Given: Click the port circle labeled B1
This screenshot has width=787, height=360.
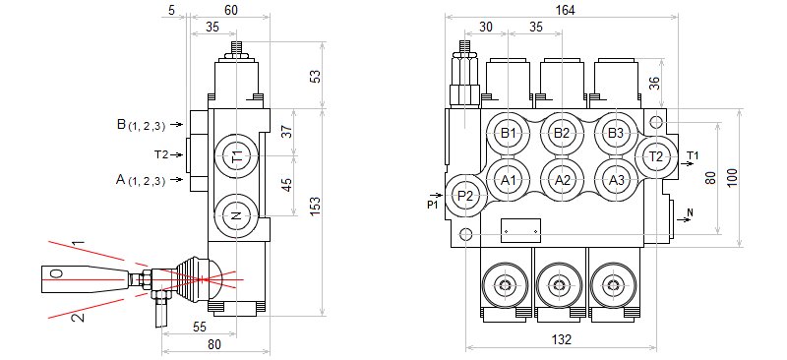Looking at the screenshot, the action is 509,133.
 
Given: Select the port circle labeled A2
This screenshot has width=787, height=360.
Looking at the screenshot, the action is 562,180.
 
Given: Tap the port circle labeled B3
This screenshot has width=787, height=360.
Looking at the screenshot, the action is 616,133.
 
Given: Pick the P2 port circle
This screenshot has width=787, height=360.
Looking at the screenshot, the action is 466,196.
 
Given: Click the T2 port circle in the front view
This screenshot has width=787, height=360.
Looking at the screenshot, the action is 656,156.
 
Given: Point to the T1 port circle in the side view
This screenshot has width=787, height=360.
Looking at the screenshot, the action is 236,156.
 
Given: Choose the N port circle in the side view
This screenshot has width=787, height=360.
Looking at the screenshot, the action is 236,215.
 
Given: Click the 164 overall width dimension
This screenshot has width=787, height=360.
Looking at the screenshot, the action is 565,10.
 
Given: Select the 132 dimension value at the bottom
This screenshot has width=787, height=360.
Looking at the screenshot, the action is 562,340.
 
